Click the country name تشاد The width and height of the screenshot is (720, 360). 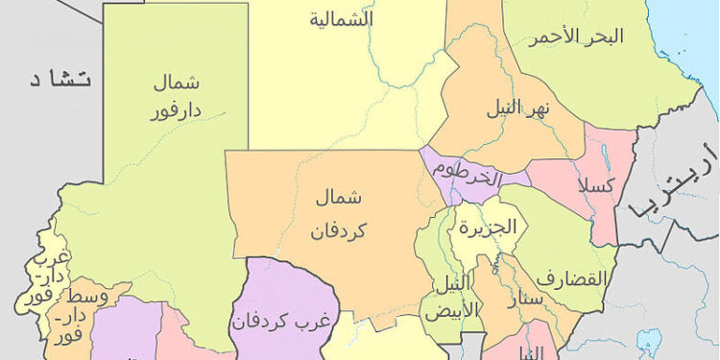(59, 80)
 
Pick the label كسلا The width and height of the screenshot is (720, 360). (595, 184)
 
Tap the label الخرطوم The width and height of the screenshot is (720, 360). (468, 173)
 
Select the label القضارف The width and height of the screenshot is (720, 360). (572, 279)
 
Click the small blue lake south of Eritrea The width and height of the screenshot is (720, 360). (650, 342)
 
